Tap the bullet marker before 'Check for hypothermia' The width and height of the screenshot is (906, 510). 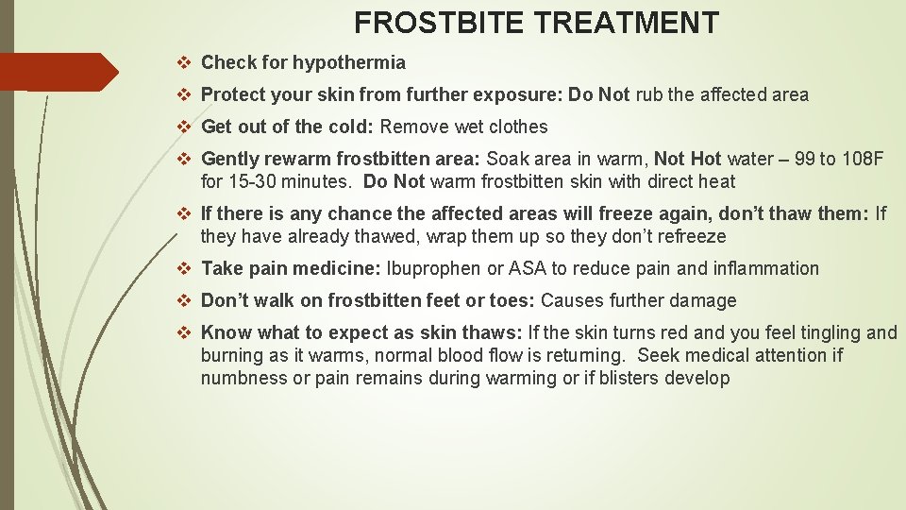185,63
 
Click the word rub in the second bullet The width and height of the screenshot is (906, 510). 650,94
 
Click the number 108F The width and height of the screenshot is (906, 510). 863,159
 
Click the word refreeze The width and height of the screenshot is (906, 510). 694,236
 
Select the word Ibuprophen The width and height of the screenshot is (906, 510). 433,268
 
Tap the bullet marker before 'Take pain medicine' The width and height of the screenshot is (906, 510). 185,268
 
